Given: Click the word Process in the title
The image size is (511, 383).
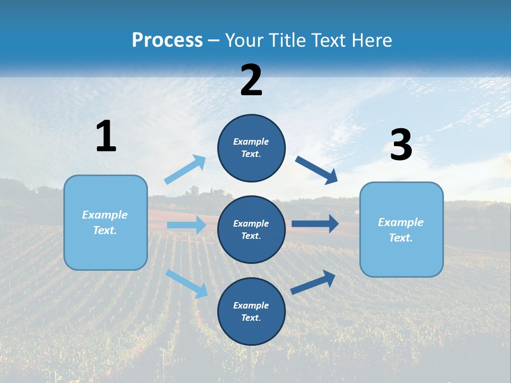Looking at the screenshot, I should click(x=167, y=40).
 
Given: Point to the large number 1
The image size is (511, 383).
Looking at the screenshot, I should click(x=106, y=136).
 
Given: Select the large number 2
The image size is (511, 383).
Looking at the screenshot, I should click(x=251, y=80).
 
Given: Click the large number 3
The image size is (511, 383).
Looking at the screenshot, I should click(x=401, y=145).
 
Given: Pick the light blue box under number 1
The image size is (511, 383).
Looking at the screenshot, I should click(x=105, y=222).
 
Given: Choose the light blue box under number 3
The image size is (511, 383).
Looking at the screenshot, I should click(x=401, y=229).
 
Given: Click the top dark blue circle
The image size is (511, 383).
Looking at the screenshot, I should click(x=251, y=148).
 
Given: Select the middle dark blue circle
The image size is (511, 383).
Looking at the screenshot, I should click(x=251, y=229).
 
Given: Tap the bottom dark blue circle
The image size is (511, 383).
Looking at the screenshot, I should click(x=251, y=311).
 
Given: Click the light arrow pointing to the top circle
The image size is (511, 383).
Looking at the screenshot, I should click(x=185, y=170).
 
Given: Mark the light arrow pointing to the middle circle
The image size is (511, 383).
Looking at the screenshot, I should click(x=186, y=225).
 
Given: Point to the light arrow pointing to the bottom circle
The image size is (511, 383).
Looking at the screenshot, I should click(x=187, y=283).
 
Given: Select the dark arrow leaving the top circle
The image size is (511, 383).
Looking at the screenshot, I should click(x=317, y=170).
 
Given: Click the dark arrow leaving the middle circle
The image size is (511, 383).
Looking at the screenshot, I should click(x=315, y=224).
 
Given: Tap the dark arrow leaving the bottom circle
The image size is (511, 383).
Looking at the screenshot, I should click(x=314, y=282).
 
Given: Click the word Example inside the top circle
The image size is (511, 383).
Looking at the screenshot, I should click(x=251, y=141).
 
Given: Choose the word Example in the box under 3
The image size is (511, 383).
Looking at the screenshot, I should click(x=401, y=222).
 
